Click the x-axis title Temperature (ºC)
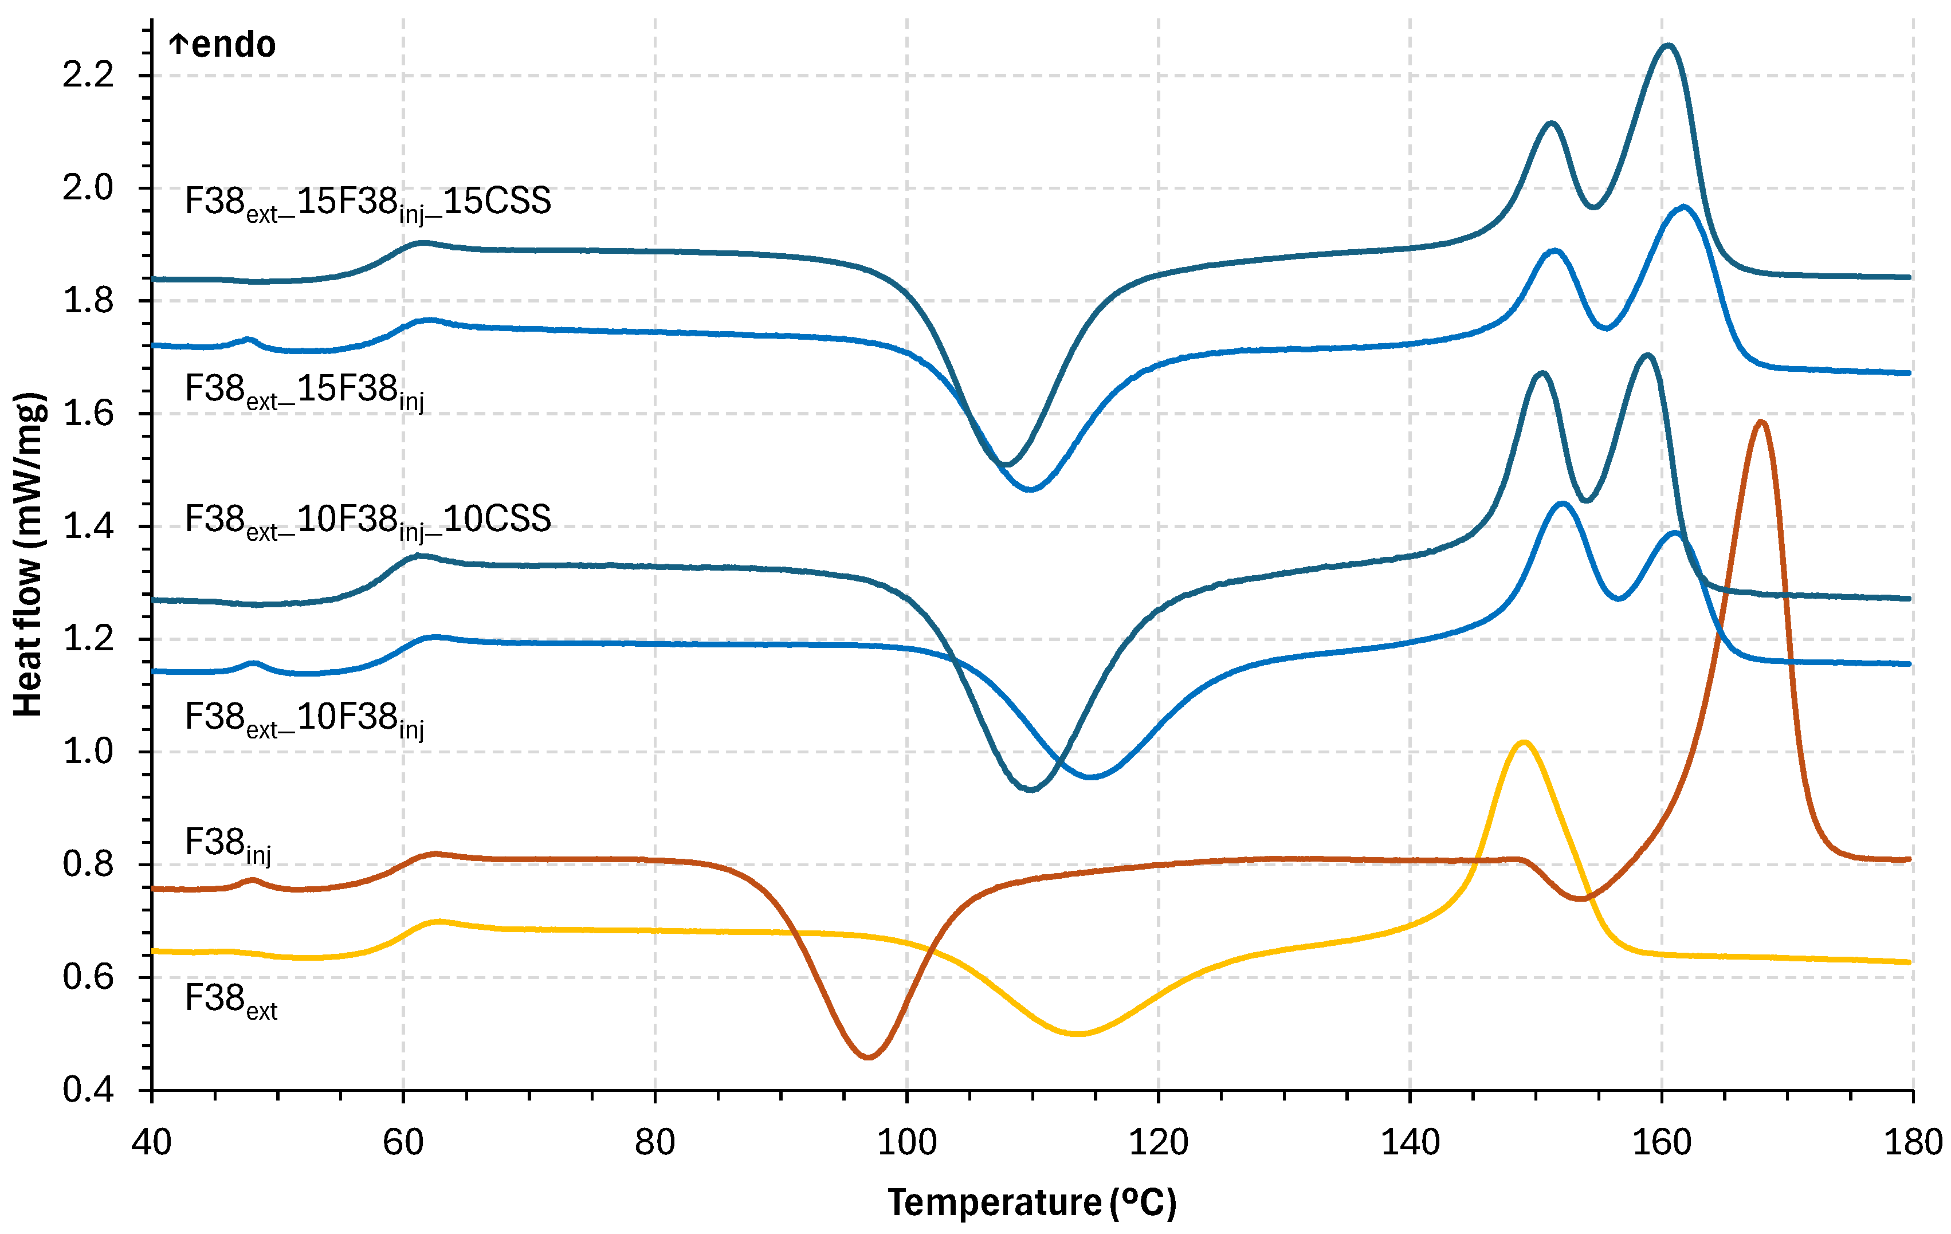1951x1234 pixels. pos(1031,1202)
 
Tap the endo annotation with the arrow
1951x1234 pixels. pos(223,45)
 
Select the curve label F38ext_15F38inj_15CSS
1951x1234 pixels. pos(368,203)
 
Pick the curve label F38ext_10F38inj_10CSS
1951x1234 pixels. pos(368,520)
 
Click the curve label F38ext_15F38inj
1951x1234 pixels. pos(304,391)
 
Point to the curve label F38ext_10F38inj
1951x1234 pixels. pos(304,718)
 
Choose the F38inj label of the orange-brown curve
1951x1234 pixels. pos(227,844)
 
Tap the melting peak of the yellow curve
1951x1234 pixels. pos(1524,742)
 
